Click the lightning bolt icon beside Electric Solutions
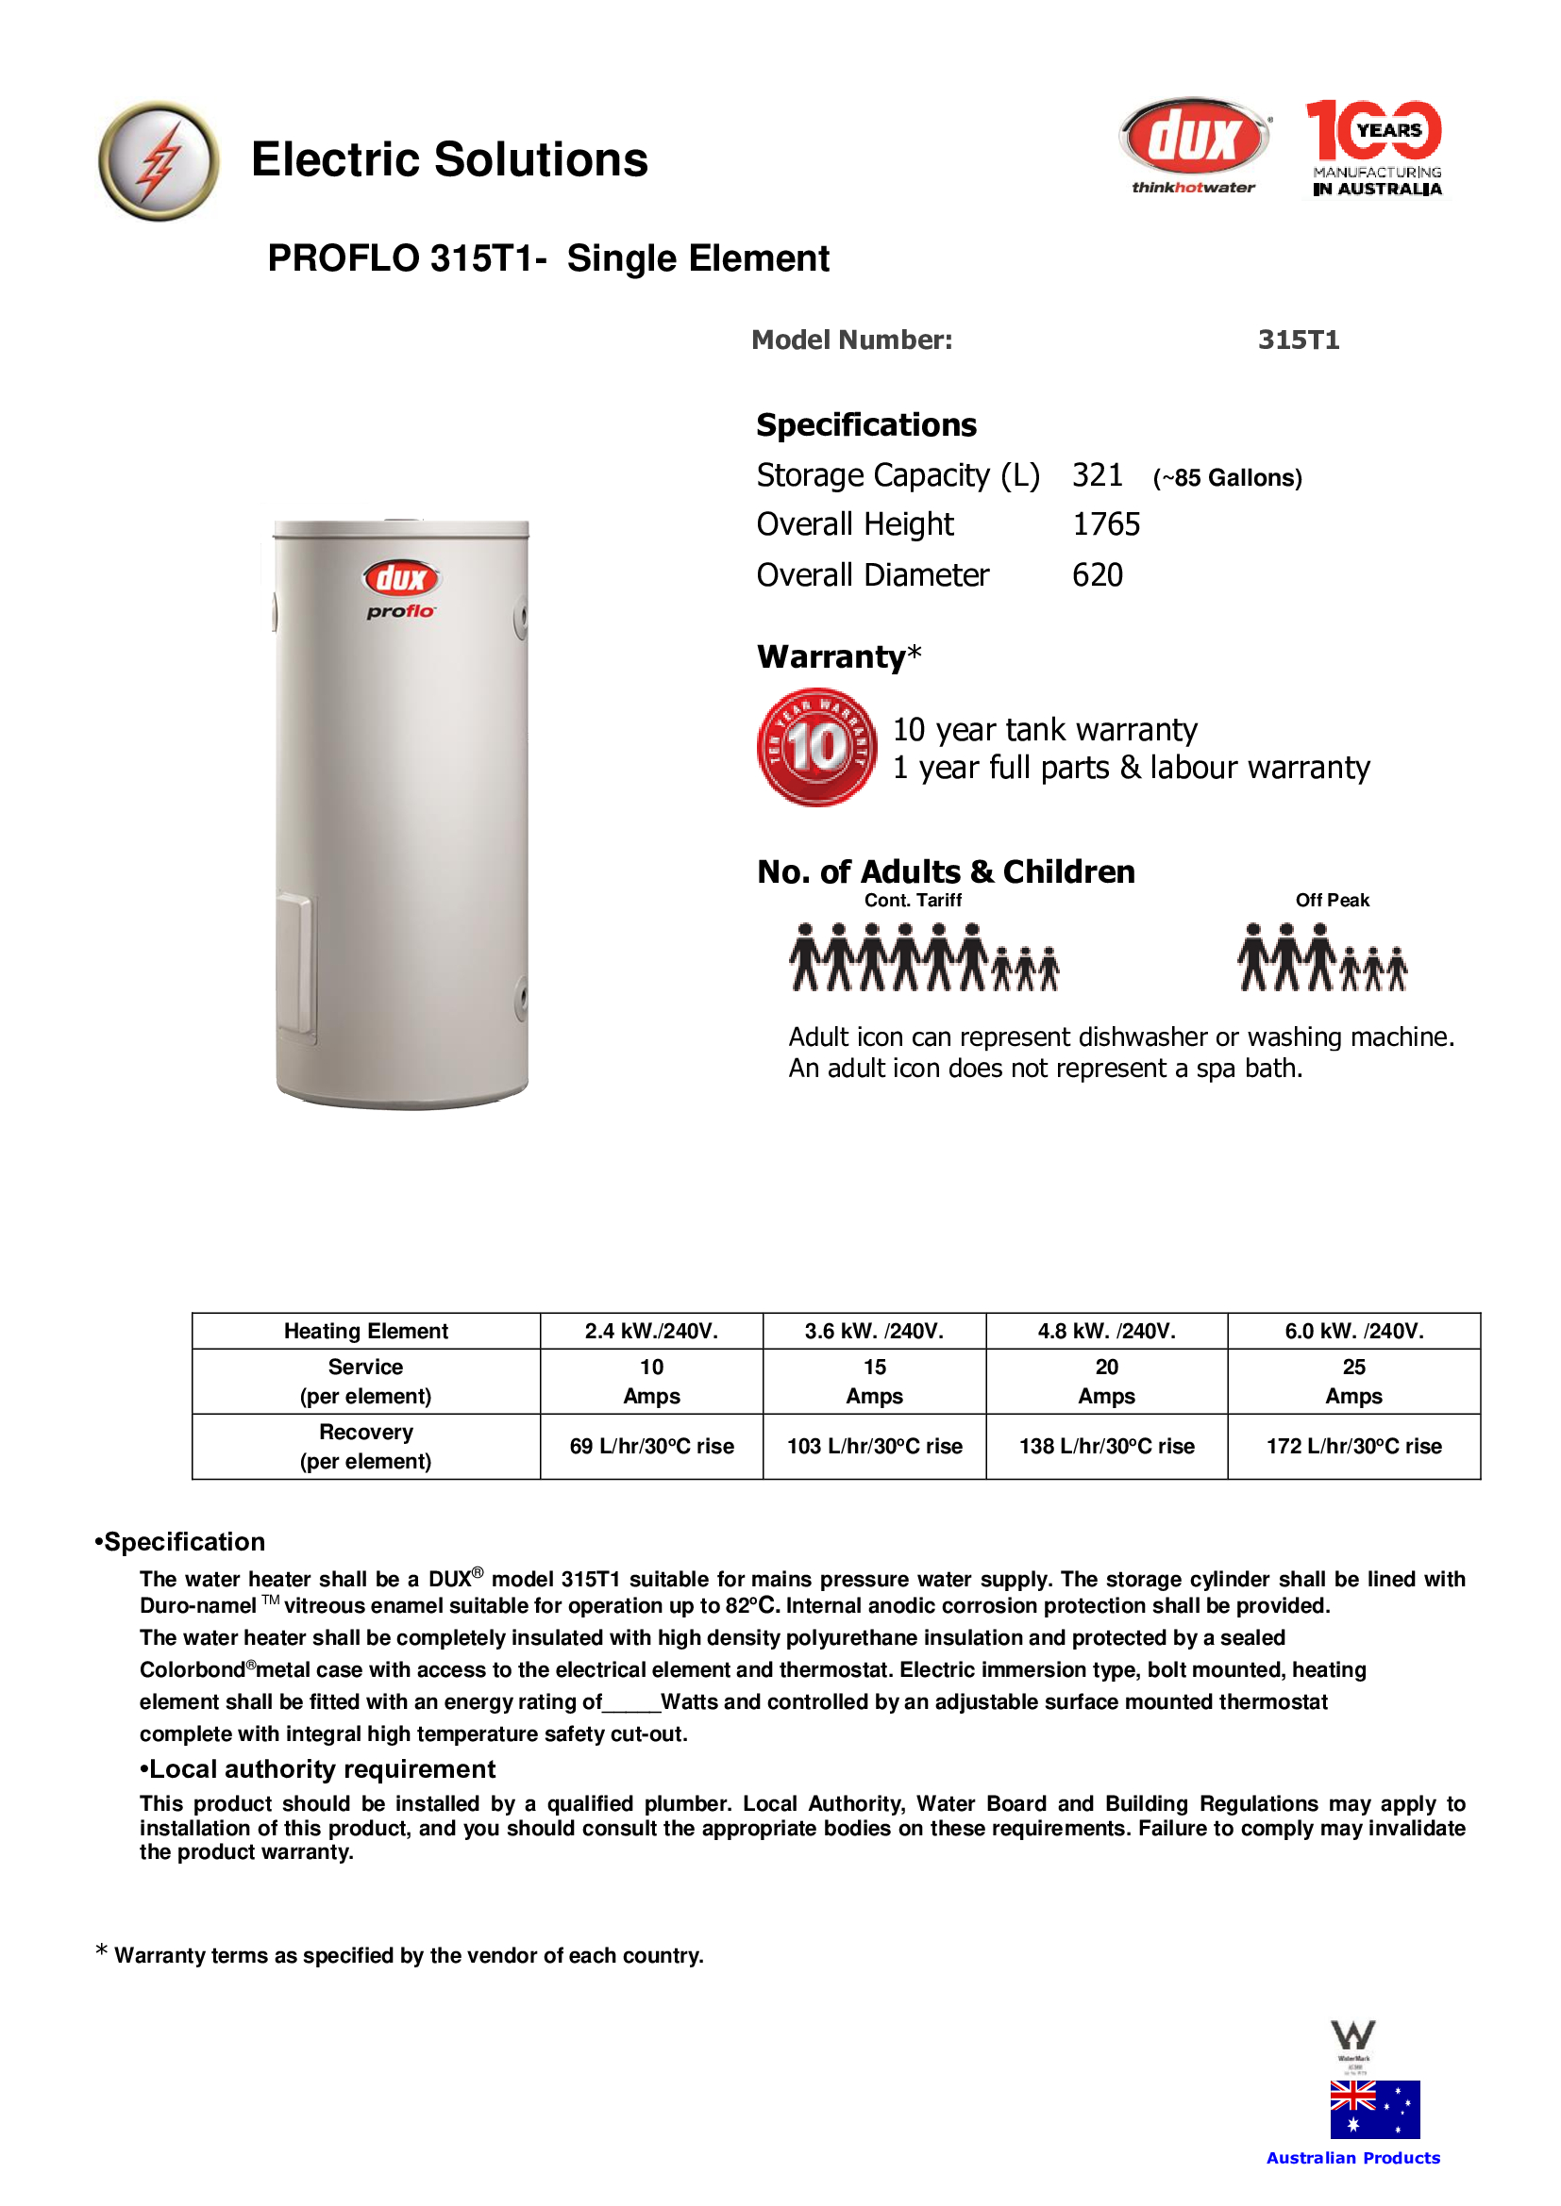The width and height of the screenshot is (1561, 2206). coord(159,160)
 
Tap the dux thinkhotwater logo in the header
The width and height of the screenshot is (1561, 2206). coord(1194,145)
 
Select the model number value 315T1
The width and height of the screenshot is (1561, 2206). coord(1298,340)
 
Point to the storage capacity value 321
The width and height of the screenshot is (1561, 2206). coord(1097,475)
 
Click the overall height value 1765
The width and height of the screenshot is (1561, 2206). coord(1105,524)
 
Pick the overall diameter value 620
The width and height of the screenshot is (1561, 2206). coord(1097,575)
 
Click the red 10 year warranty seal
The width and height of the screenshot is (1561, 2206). coord(816,747)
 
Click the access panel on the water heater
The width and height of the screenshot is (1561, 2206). coord(295,965)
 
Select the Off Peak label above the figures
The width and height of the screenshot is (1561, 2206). coord(1332,901)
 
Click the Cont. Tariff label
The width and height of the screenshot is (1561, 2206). coord(913,901)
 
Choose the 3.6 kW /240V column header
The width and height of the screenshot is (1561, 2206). coord(874,1331)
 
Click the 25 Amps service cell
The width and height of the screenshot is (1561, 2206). coord(1352,1381)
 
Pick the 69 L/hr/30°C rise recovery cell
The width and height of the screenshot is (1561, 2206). coord(652,1446)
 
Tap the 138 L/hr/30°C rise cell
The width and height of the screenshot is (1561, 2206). coord(1106,1446)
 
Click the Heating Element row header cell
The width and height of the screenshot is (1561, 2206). coord(365,1331)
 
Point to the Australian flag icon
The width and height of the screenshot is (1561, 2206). coord(1374,2109)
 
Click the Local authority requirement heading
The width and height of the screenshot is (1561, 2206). coord(318,1768)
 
